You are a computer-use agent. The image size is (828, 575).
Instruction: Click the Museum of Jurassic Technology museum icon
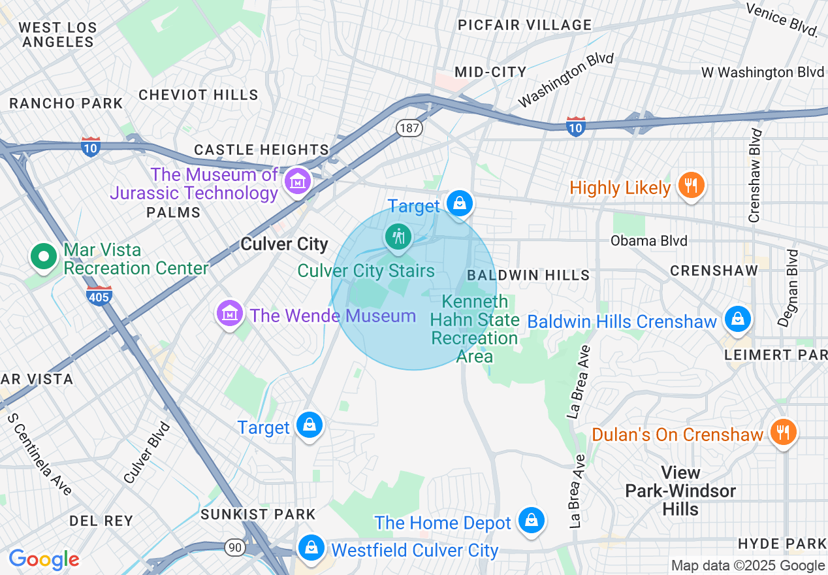[298, 182]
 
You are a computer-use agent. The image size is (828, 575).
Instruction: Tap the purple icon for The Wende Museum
[230, 314]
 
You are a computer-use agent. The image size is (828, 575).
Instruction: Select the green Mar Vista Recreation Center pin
[44, 257]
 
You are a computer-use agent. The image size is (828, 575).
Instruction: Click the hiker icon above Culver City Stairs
[397, 236]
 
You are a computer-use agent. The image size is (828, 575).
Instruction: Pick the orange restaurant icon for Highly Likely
[690, 186]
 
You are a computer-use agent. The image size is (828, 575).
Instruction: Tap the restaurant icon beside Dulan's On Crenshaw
[782, 432]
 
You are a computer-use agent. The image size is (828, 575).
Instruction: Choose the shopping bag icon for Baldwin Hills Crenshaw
[737, 319]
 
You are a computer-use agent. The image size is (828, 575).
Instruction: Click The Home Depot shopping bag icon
[532, 521]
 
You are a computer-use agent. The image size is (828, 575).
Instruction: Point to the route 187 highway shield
[409, 127]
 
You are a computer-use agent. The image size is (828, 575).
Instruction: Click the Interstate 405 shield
[99, 296]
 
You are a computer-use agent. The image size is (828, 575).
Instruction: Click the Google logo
[44, 559]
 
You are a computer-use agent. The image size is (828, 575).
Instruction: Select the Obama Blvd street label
[648, 240]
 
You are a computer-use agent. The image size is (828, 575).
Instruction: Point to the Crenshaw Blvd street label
[756, 175]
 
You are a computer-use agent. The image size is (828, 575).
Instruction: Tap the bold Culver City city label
[284, 244]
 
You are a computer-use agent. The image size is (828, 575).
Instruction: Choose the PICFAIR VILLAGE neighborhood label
[524, 25]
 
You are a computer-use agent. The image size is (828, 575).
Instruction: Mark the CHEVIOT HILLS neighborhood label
[199, 95]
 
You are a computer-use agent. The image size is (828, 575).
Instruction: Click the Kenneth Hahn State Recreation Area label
[475, 329]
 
